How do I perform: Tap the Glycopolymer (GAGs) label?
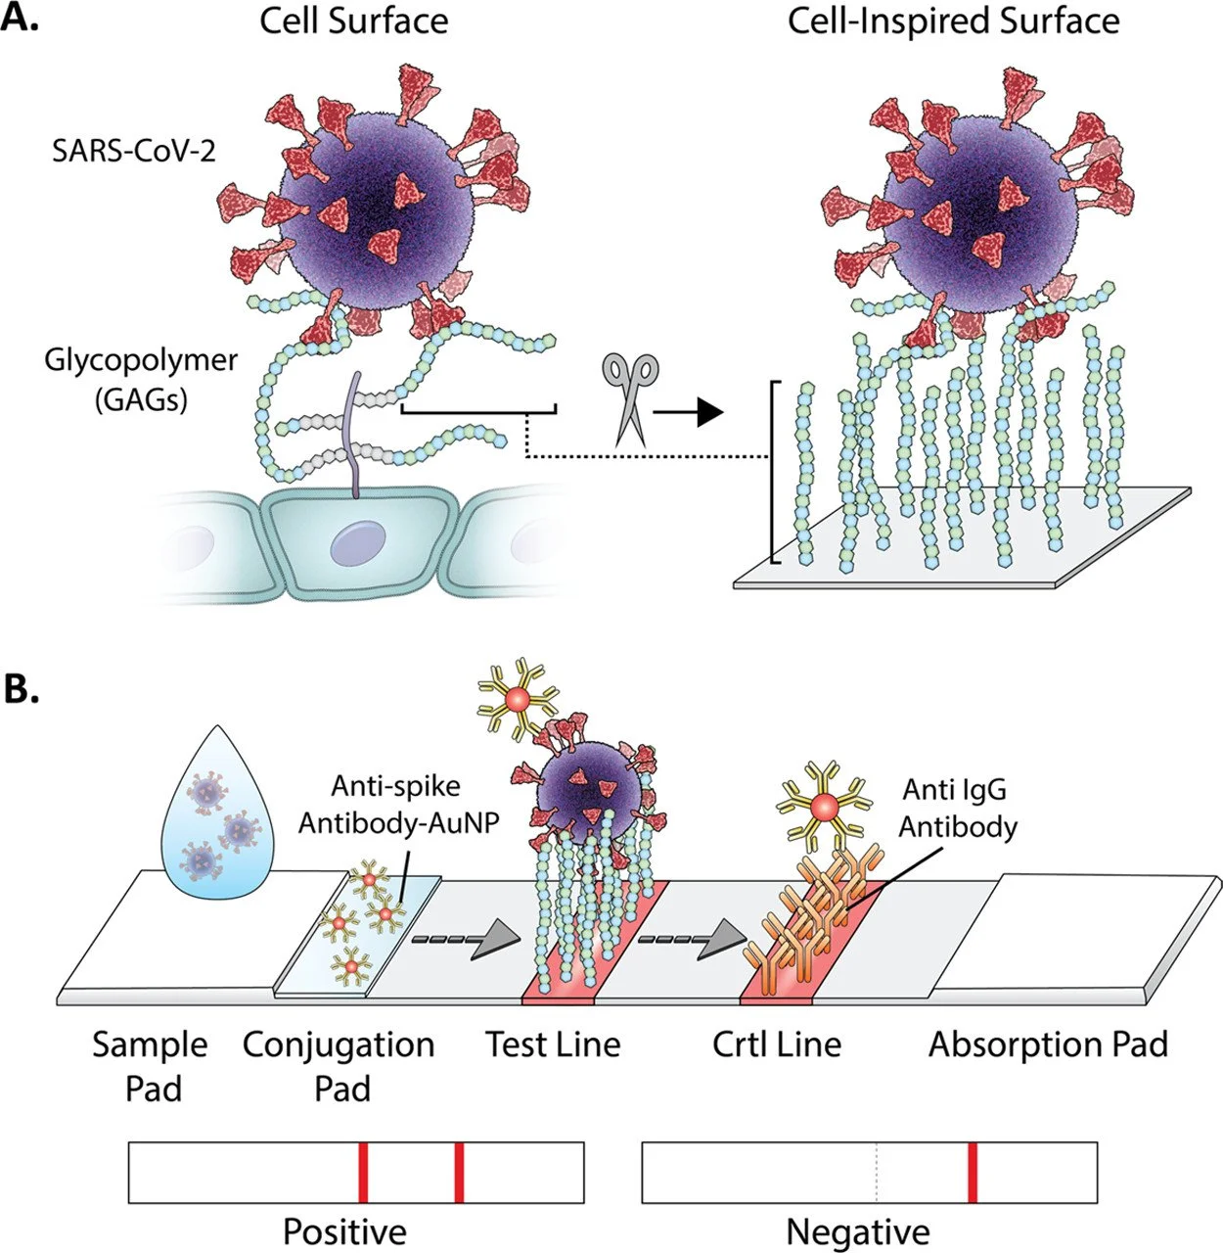140,379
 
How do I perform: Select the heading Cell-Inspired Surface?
953,22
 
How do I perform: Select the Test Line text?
553,1044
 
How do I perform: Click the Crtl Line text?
777,1044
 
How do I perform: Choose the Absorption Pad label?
1048,1044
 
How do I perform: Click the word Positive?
344,1230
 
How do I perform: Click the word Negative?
858,1230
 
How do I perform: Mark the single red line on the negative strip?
972,1172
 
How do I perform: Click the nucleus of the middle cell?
358,540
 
